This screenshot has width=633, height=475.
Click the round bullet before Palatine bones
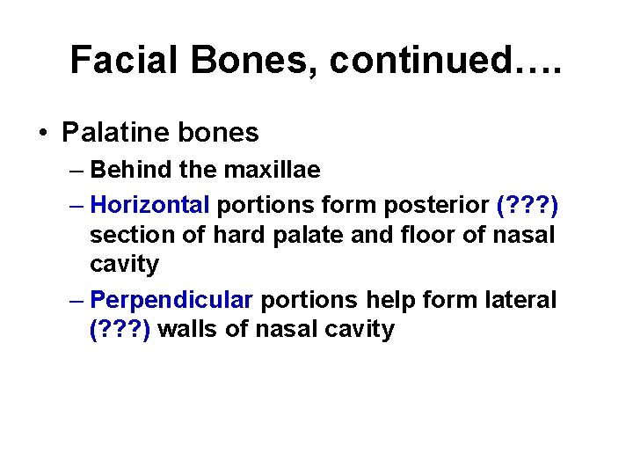43,133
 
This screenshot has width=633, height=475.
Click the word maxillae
276,169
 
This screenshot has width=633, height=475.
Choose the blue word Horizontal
150,205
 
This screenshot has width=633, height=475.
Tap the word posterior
435,205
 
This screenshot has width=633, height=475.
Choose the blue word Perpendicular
171,300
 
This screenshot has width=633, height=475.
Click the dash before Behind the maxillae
76,169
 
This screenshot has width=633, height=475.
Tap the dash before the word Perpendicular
76,300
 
